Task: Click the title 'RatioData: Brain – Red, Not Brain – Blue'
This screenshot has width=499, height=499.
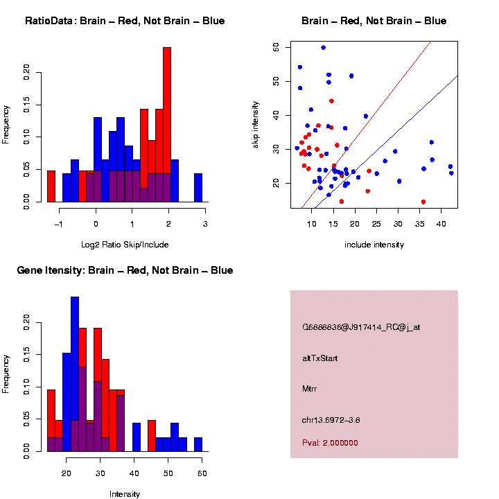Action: pos(125,21)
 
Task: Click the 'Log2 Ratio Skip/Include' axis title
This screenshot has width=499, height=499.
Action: pos(125,244)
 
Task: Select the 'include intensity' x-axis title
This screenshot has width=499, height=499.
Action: pos(374,244)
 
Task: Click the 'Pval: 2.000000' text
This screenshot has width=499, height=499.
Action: pos(330,443)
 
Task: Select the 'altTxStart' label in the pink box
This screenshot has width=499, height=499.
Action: pos(320,358)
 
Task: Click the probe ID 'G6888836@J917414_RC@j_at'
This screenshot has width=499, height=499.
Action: pos(361,327)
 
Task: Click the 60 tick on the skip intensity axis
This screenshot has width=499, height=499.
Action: pos(276,47)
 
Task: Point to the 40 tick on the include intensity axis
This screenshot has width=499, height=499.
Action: pos(441,225)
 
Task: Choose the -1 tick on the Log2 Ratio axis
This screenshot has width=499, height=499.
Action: pos(59,225)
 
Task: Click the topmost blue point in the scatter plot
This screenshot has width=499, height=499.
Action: pos(324,48)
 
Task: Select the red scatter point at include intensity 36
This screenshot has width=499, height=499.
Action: pos(423,202)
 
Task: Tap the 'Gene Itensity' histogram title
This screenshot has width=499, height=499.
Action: pos(125,270)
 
